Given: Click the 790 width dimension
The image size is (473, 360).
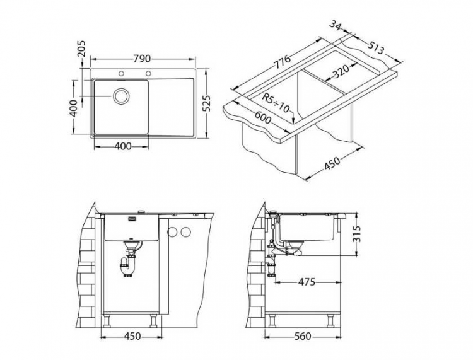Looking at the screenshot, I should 142,59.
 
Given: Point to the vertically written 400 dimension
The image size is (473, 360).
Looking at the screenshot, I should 73,107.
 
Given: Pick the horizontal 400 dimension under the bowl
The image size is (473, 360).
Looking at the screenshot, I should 124,146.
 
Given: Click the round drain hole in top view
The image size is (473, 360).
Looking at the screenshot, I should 121,96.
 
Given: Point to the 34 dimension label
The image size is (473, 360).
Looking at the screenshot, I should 336,26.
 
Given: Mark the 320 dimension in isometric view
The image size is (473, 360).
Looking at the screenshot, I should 341,71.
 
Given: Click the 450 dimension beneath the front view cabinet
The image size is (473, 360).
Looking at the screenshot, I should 131,336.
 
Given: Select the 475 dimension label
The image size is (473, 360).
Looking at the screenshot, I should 307,282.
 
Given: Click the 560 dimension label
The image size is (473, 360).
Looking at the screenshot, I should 304,337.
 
